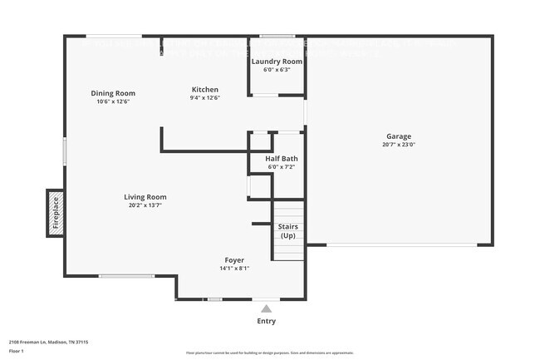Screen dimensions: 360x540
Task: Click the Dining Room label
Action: click(113, 93)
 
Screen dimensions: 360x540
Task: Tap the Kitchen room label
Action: click(204, 89)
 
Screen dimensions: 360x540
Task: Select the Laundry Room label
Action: click(277, 62)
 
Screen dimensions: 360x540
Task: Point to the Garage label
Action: click(398, 136)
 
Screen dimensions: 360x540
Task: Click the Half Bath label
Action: click(282, 158)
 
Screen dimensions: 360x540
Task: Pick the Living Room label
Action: click(145, 197)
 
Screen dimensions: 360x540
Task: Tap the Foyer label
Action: click(233, 260)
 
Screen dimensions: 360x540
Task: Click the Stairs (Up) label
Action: click(287, 231)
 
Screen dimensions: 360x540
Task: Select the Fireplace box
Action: click(56, 211)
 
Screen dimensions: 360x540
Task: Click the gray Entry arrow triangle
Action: click(266, 308)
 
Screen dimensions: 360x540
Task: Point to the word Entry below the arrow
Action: click(266, 321)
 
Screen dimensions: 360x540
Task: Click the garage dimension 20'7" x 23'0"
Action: click(398, 145)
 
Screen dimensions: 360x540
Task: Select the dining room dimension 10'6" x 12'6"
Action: click(113, 101)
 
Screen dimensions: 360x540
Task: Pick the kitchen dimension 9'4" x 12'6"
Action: click(204, 98)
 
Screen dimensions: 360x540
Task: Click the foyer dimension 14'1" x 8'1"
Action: click(233, 269)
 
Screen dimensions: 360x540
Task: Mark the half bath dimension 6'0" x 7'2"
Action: click(282, 166)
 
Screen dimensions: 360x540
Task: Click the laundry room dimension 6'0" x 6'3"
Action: click(277, 70)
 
